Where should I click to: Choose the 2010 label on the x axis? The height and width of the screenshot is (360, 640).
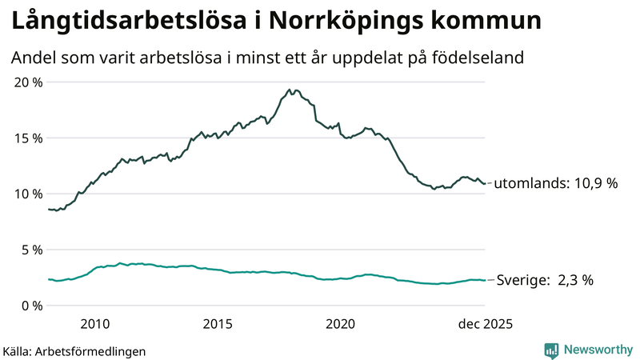click(95, 324)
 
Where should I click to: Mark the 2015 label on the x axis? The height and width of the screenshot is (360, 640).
click(218, 324)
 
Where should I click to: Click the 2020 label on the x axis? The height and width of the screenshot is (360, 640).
click(341, 324)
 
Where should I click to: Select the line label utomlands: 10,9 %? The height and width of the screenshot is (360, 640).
click(556, 183)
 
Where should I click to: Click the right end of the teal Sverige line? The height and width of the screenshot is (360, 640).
click(486, 280)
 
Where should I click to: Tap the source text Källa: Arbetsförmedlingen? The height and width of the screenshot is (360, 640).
click(75, 350)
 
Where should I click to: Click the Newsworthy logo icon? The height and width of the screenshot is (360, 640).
click(551, 350)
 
